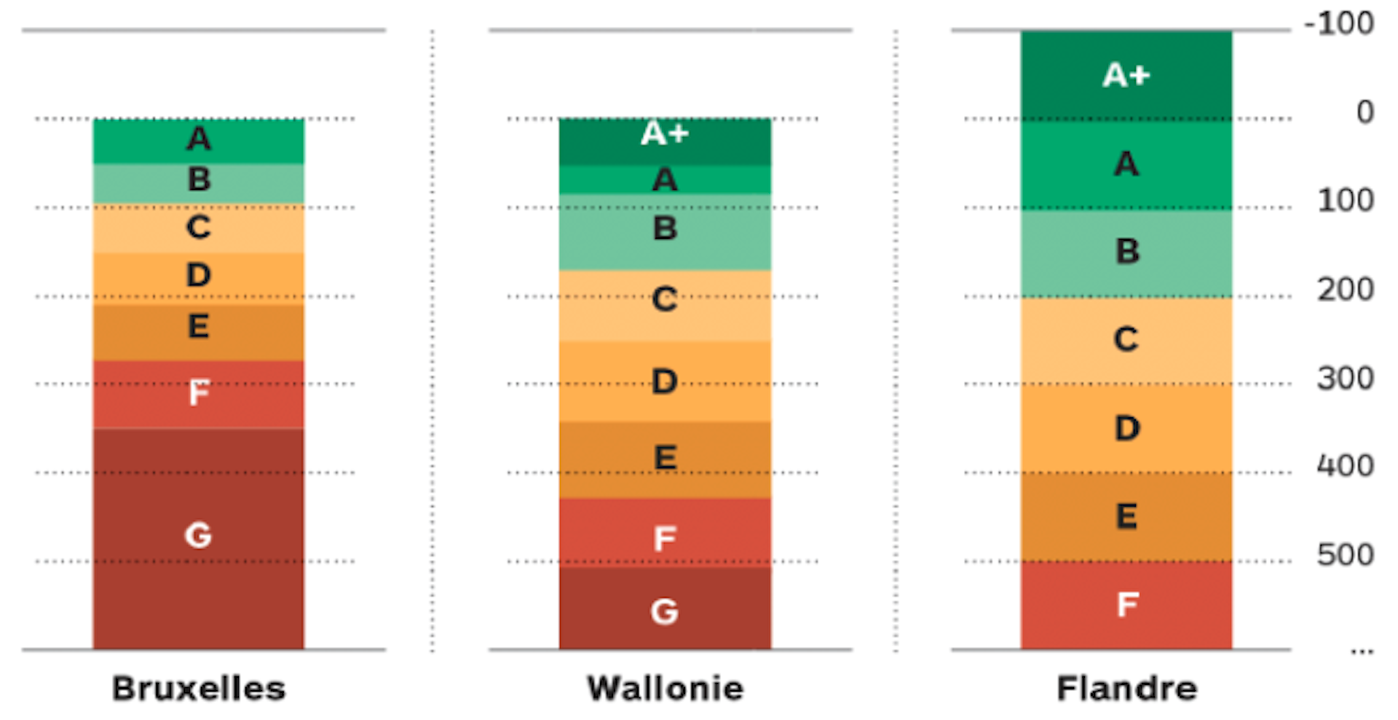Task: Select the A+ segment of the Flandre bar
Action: click(x=1126, y=75)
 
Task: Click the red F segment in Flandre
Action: click(x=1126, y=604)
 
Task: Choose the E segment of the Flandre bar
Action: click(x=1126, y=516)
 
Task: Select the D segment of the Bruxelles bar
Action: click(x=198, y=277)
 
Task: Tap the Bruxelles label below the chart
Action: click(x=198, y=688)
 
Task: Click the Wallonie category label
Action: click(x=666, y=688)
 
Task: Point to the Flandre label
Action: click(x=1126, y=688)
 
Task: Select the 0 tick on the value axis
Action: click(x=1365, y=112)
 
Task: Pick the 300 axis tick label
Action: click(x=1345, y=378)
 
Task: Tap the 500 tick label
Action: click(x=1345, y=555)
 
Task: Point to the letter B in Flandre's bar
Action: click(x=1127, y=251)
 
